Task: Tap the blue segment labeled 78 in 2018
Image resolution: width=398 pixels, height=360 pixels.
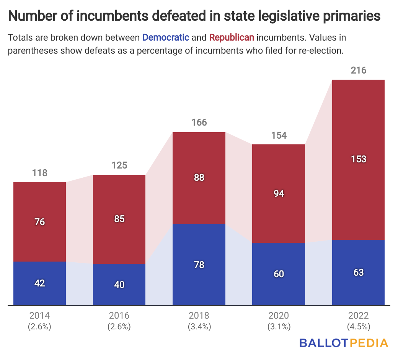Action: (x=199, y=265)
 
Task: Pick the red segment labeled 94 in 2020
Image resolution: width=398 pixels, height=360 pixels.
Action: (x=279, y=193)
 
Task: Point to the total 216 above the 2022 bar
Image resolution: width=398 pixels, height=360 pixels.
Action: (x=359, y=70)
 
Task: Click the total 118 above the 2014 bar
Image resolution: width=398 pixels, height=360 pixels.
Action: (x=40, y=173)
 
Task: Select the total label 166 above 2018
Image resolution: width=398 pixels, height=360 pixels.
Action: (x=199, y=123)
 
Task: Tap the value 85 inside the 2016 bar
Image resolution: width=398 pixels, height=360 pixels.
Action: (x=119, y=219)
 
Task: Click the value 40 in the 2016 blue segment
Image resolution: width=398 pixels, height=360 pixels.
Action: (x=119, y=285)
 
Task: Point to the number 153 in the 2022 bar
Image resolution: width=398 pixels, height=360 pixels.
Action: (x=359, y=159)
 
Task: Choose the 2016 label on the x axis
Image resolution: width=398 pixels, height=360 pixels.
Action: (x=119, y=316)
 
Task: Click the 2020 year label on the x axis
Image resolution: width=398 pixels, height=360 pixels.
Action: (x=279, y=316)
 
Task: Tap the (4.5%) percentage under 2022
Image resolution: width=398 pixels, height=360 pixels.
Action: (x=359, y=327)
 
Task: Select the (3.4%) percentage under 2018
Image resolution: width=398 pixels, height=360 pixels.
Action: (x=199, y=327)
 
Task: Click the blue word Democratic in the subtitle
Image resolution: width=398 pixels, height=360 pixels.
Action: (x=166, y=38)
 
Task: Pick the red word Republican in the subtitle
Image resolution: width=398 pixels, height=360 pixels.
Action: (x=232, y=38)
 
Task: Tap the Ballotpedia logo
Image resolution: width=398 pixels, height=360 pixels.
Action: (x=344, y=343)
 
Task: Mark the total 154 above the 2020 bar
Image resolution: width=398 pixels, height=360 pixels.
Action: (x=279, y=135)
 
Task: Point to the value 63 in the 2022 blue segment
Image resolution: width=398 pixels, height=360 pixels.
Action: (x=359, y=272)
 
